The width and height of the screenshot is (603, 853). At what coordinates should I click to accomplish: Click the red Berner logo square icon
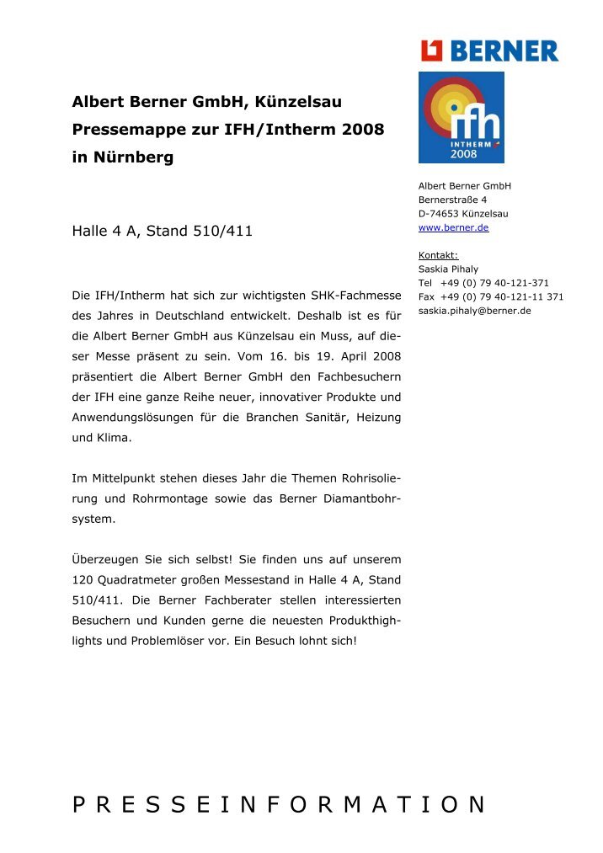(x=432, y=51)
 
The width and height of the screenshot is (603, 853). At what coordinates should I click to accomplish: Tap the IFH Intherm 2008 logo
(x=461, y=117)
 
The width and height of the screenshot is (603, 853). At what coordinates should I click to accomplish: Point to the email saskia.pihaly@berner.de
(x=474, y=310)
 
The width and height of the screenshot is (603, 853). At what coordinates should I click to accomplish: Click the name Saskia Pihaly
(x=448, y=269)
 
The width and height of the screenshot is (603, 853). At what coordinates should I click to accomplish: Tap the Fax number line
(x=490, y=296)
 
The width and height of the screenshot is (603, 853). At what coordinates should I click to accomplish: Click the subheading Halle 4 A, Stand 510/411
(x=163, y=230)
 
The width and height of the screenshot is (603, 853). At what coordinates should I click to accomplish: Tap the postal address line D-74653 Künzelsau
(x=462, y=214)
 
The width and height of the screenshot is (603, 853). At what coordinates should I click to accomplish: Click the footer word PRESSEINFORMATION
(x=279, y=805)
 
